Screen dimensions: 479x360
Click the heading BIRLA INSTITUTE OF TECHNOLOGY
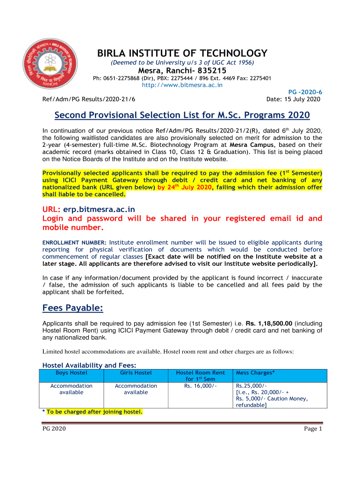(182, 53)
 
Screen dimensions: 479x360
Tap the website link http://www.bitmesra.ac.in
(182, 85)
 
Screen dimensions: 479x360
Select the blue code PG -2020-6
(303, 93)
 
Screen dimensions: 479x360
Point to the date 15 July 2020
(293, 99)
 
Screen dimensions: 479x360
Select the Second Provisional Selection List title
(182, 116)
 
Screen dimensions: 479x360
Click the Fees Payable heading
(72, 308)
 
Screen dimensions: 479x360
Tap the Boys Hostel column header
(72, 373)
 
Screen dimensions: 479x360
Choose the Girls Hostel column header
(136, 373)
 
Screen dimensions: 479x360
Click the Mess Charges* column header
(255, 373)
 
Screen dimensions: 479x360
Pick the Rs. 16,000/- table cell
(200, 386)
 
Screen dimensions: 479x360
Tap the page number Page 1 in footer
(313, 428)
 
